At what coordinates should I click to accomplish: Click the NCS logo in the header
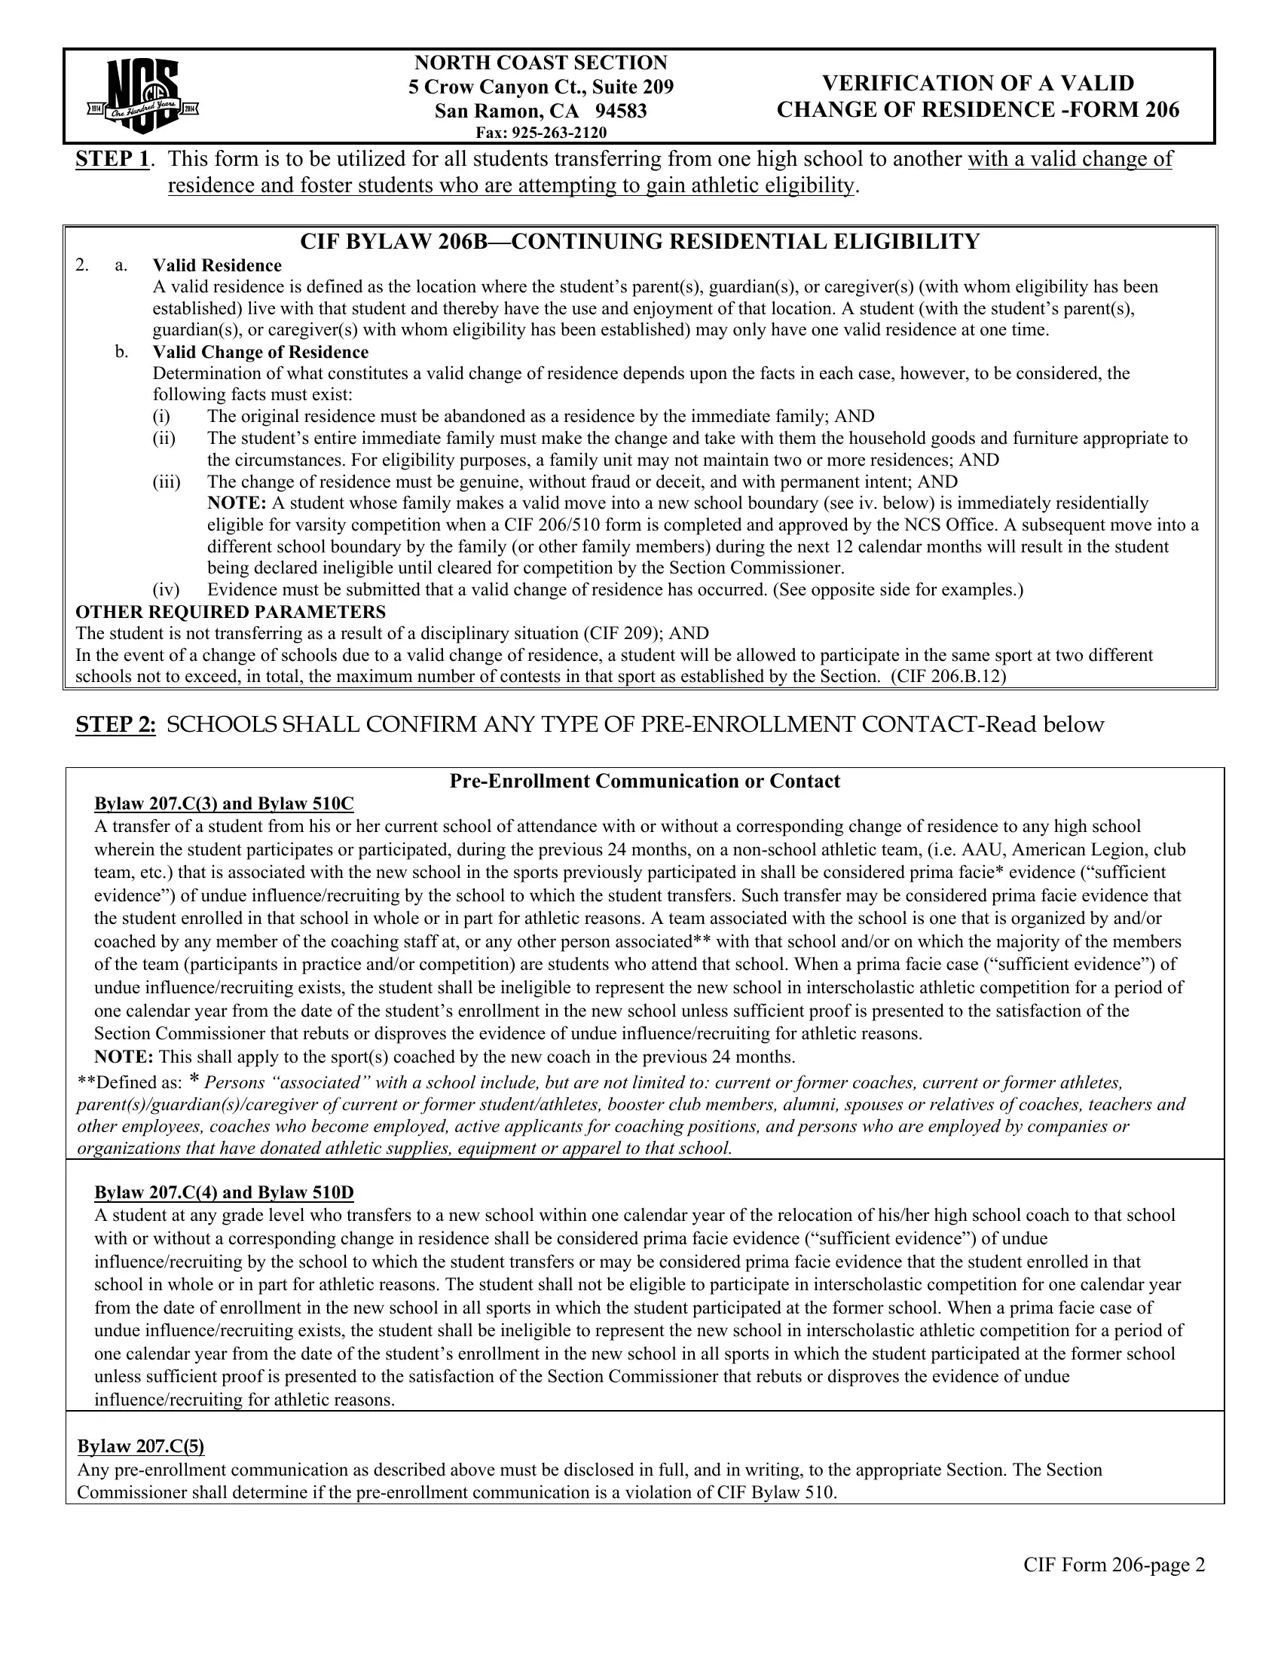pyautogui.click(x=143, y=96)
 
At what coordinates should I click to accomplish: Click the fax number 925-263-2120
pyautogui.click(x=559, y=133)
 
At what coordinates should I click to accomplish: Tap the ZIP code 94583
pyautogui.click(x=621, y=112)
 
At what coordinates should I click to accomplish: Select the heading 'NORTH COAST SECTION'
pyautogui.click(x=540, y=63)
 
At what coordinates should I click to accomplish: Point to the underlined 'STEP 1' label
pyautogui.click(x=112, y=160)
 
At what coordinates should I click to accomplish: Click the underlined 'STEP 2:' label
pyautogui.click(x=115, y=725)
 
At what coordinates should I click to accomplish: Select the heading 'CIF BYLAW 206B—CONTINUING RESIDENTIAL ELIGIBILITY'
pyautogui.click(x=640, y=242)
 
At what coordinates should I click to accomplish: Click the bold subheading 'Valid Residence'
pyautogui.click(x=217, y=266)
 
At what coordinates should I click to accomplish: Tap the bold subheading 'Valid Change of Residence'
pyautogui.click(x=260, y=352)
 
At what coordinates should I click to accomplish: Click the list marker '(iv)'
pyautogui.click(x=166, y=590)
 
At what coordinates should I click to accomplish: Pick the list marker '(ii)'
pyautogui.click(x=164, y=439)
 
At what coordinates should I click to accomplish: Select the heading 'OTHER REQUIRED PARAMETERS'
pyautogui.click(x=231, y=612)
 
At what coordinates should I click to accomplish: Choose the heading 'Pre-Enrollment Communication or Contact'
pyautogui.click(x=644, y=782)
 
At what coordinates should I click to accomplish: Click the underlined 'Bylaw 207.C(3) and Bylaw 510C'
pyautogui.click(x=224, y=804)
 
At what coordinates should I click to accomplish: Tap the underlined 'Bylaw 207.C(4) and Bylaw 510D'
pyautogui.click(x=224, y=1193)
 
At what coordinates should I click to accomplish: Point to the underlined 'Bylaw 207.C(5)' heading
pyautogui.click(x=141, y=1447)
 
